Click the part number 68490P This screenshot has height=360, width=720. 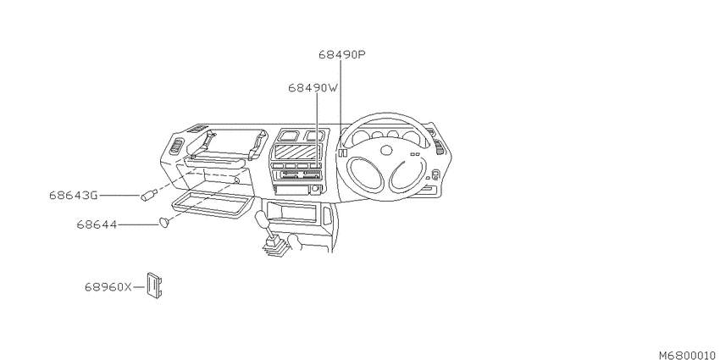[x=342, y=55]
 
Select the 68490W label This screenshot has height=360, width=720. [x=313, y=88]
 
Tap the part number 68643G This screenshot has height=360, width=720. [x=74, y=195]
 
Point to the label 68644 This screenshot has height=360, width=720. [x=97, y=225]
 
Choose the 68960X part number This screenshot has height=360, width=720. [x=108, y=287]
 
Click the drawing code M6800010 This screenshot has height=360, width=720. [x=687, y=355]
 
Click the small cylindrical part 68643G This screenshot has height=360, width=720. [x=148, y=195]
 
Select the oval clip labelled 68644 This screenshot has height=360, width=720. [x=164, y=223]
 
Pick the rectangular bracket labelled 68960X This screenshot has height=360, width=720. [x=155, y=285]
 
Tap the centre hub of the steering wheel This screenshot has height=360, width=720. [x=387, y=150]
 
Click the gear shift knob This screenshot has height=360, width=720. [x=262, y=220]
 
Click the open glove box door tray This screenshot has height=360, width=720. [x=213, y=204]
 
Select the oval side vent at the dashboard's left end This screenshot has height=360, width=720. [x=176, y=147]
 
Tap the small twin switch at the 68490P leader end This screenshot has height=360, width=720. [x=342, y=153]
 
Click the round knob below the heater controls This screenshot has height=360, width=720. [x=315, y=188]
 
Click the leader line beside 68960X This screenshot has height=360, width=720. [x=139, y=287]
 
